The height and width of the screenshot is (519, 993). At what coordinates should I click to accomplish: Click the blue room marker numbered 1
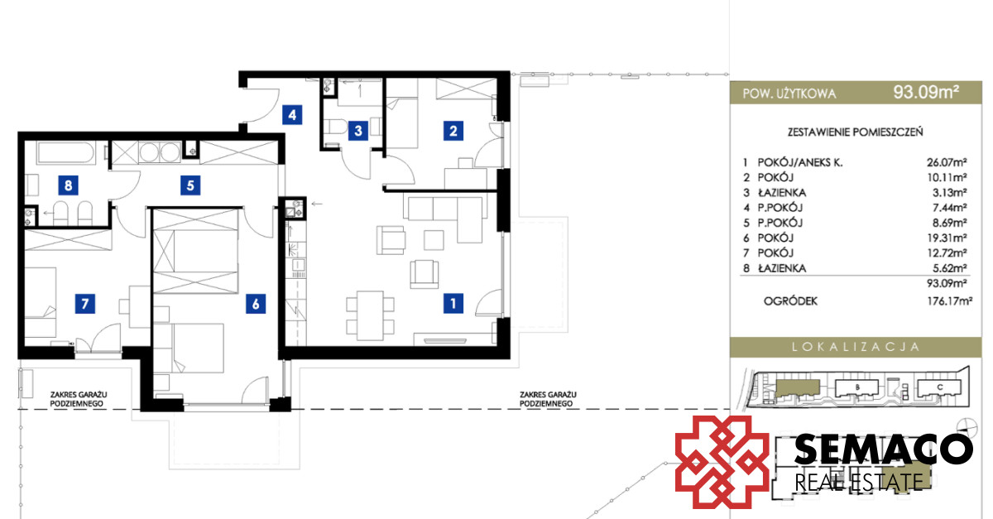click(x=453, y=304)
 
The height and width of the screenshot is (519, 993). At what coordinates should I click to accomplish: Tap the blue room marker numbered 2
click(x=453, y=131)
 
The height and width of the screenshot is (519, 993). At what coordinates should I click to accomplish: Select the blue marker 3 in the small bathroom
click(x=358, y=131)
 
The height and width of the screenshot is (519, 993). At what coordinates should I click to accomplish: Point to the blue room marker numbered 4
click(x=292, y=115)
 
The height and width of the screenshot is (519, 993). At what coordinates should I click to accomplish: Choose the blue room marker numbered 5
click(x=190, y=185)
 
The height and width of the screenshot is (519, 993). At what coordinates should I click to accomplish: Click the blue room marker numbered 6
click(x=256, y=304)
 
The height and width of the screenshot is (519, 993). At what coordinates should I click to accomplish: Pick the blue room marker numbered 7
click(x=84, y=304)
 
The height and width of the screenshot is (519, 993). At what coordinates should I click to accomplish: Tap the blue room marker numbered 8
click(x=68, y=185)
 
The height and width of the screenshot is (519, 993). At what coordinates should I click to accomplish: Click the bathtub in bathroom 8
click(x=66, y=153)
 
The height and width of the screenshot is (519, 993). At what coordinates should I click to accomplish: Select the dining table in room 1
click(x=370, y=315)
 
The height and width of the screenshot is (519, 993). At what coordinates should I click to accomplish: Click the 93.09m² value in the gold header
click(x=926, y=92)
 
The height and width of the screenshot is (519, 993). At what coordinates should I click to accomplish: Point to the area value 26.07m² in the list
click(x=947, y=162)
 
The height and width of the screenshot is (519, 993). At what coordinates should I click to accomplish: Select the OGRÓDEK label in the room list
click(x=790, y=301)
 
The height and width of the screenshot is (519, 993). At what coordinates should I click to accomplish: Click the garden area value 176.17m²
click(x=950, y=301)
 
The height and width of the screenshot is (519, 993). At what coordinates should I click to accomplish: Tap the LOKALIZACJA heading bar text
click(x=856, y=347)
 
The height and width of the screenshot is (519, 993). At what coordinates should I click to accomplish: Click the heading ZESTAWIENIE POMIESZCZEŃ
click(x=855, y=132)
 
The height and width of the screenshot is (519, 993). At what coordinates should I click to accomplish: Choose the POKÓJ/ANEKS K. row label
click(x=800, y=162)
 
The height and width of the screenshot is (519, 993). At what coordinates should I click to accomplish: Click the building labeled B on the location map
click(x=857, y=388)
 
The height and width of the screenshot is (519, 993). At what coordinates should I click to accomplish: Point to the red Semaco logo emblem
click(x=722, y=462)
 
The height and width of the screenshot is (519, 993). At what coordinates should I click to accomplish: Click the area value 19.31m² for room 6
click(x=947, y=238)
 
